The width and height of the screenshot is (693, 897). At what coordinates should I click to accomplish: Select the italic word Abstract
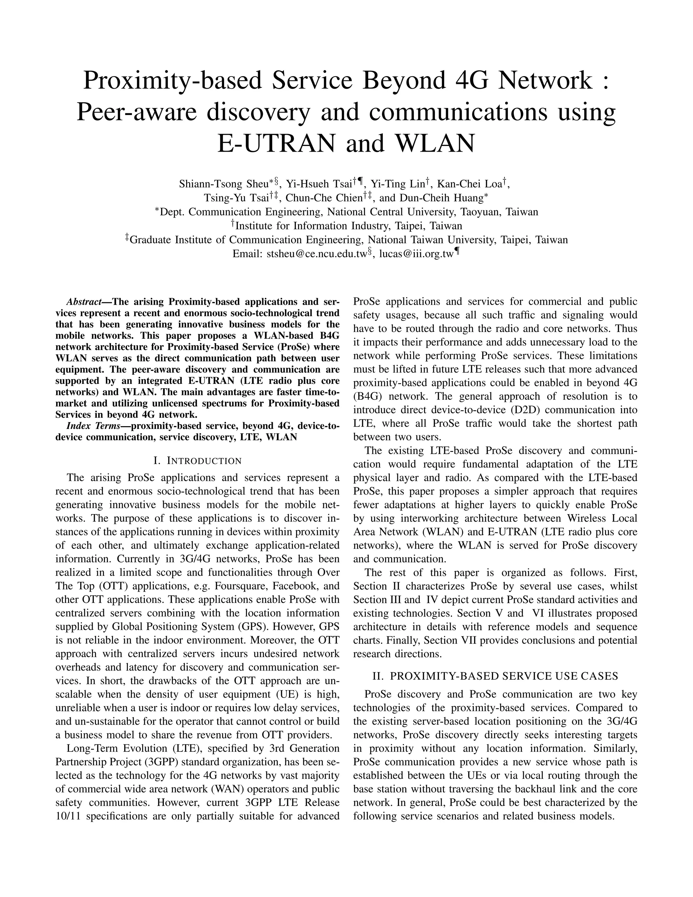point(84,302)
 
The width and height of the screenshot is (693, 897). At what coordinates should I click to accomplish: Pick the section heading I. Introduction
point(198,461)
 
